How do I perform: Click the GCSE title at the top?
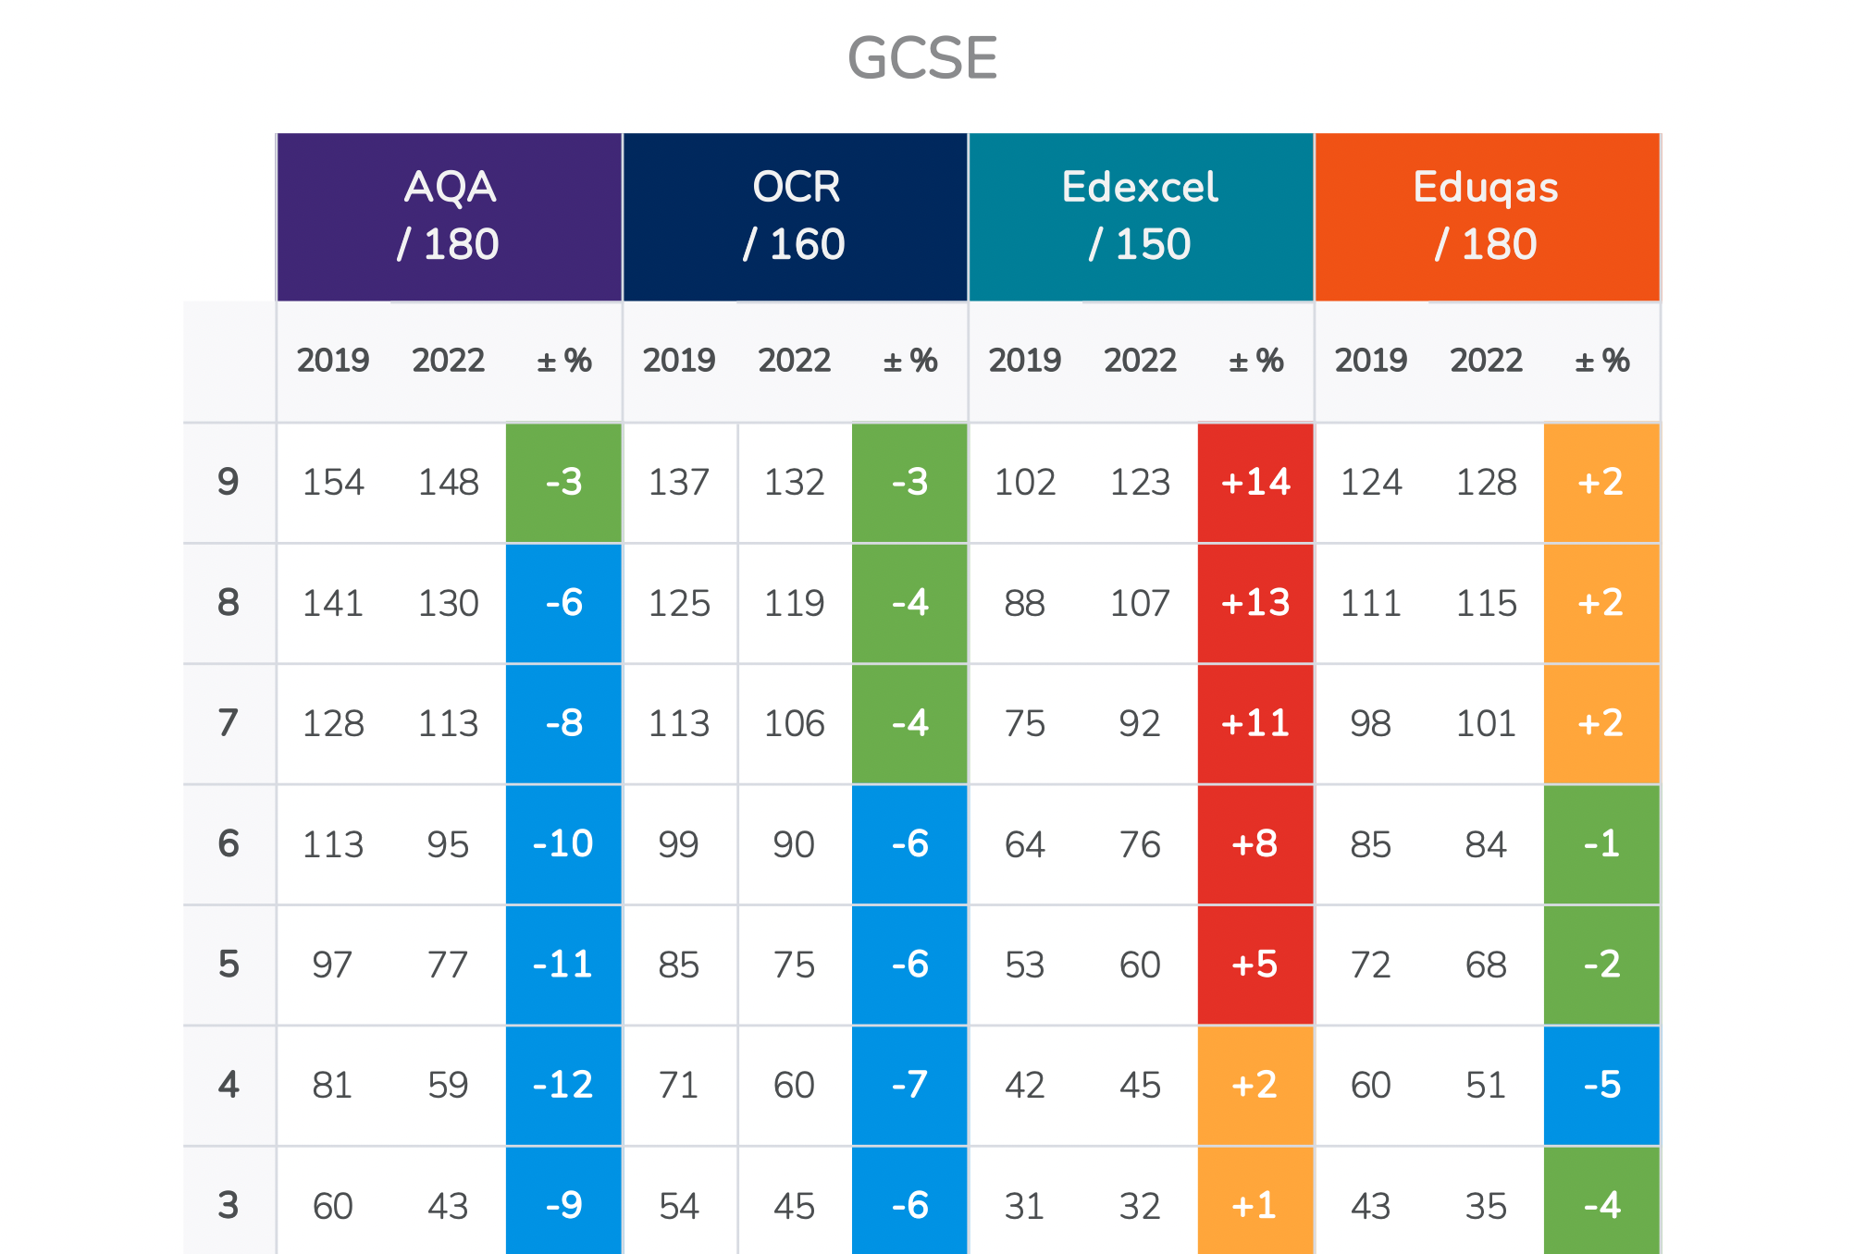coord(922,58)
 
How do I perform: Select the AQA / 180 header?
coord(449,216)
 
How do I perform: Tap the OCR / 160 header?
coord(795,216)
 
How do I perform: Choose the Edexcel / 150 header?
coord(1141,216)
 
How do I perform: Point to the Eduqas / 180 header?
coord(1487,216)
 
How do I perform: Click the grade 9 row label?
coord(229,482)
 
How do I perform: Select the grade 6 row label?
coord(229,843)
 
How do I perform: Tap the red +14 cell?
coord(1255,482)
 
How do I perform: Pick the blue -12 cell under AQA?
coord(563,1085)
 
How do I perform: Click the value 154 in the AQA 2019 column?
coord(333,482)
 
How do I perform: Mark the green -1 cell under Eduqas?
coord(1601,843)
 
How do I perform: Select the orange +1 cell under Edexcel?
coord(1255,1205)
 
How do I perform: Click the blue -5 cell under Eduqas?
coord(1601,1085)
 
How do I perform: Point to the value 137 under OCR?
coord(679,482)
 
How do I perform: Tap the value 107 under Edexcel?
coord(1140,603)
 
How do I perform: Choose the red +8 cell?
coord(1255,843)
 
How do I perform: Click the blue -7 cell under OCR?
coord(909,1085)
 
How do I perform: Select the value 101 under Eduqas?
coord(1486,723)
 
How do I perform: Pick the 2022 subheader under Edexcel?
coord(1140,360)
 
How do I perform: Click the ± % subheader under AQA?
coord(563,360)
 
